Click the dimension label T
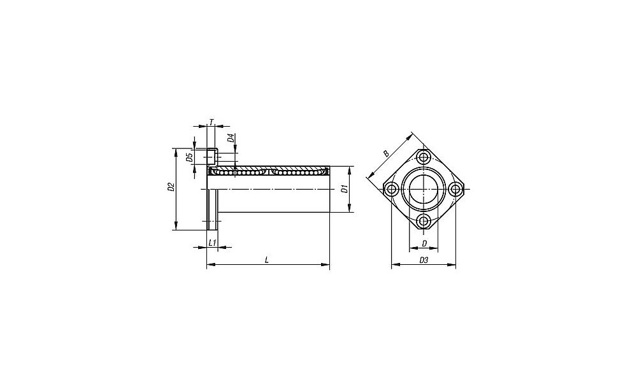[211, 122]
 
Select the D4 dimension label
[231, 138]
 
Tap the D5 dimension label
[189, 157]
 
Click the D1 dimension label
[344, 189]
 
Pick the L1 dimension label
[211, 243]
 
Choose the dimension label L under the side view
[266, 260]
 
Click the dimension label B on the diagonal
[387, 153]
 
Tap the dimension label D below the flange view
[424, 244]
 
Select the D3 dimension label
[424, 260]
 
